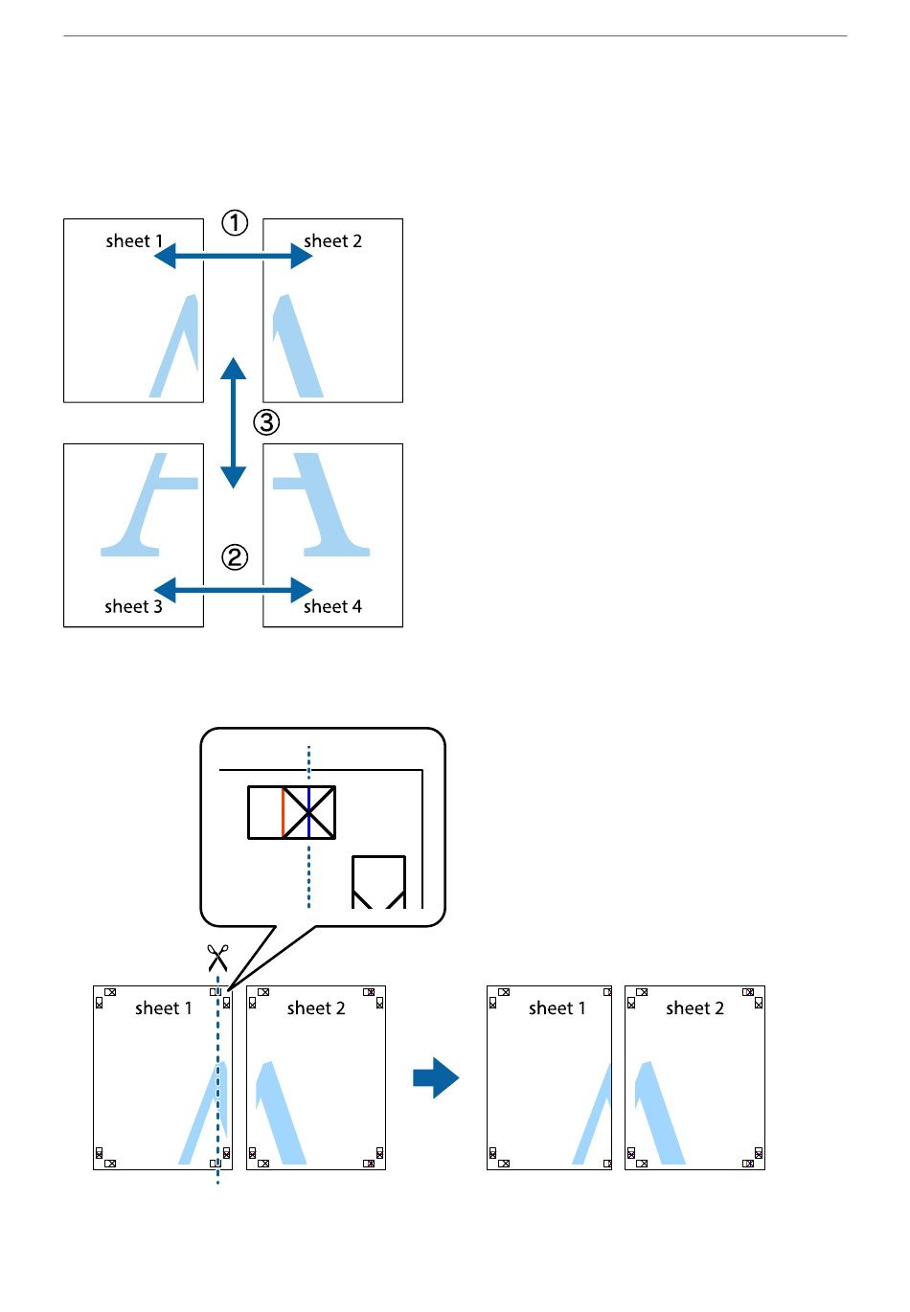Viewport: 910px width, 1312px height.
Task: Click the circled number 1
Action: [235, 223]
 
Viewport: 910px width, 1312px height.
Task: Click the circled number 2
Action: [235, 557]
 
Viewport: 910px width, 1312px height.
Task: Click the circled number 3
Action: [266, 421]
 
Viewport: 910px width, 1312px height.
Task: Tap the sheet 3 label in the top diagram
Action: [133, 606]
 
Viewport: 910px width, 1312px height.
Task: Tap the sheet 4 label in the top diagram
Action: [332, 606]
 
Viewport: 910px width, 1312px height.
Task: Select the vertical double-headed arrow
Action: [233, 422]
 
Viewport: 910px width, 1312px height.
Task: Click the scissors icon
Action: [218, 957]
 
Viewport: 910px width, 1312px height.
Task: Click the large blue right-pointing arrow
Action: [436, 1077]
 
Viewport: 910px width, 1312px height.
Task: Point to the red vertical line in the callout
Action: [283, 813]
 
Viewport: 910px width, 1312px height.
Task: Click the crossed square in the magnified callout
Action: [309, 813]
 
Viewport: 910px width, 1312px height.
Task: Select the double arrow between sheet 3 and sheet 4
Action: [233, 590]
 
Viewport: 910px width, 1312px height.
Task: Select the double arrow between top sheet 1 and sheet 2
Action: [233, 256]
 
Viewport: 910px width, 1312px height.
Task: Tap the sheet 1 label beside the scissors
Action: [163, 1008]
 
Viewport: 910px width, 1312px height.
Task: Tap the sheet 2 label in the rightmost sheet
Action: [694, 1008]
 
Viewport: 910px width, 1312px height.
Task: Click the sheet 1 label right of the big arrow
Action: [557, 1008]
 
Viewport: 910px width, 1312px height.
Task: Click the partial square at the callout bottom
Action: [378, 881]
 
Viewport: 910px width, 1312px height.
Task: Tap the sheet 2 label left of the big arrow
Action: [315, 1008]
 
